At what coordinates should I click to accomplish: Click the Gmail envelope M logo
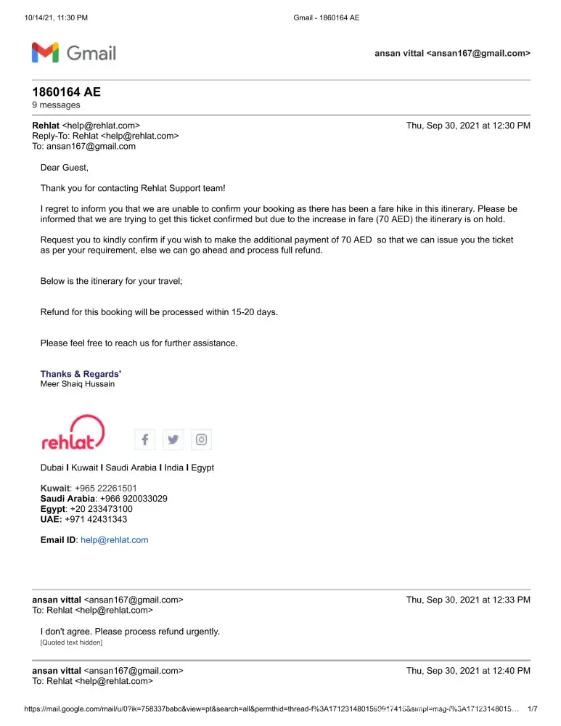[45, 52]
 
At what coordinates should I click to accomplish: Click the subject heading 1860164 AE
[66, 91]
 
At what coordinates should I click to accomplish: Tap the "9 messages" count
[56, 105]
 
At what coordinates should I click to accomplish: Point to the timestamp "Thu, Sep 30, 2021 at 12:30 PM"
[468, 126]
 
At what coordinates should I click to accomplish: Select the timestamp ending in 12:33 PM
[468, 600]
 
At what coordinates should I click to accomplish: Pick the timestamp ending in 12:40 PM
[468, 671]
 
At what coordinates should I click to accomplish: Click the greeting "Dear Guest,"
[65, 168]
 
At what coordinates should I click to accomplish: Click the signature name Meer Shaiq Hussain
[77, 384]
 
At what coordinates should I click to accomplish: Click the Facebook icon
[145, 439]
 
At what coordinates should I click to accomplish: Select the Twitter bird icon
[173, 439]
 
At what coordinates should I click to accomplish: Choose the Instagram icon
[202, 439]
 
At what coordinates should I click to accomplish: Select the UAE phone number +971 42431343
[96, 519]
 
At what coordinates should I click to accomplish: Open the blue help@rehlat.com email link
[114, 540]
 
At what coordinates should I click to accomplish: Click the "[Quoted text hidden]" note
[71, 643]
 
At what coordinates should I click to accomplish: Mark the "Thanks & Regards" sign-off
[80, 374]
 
